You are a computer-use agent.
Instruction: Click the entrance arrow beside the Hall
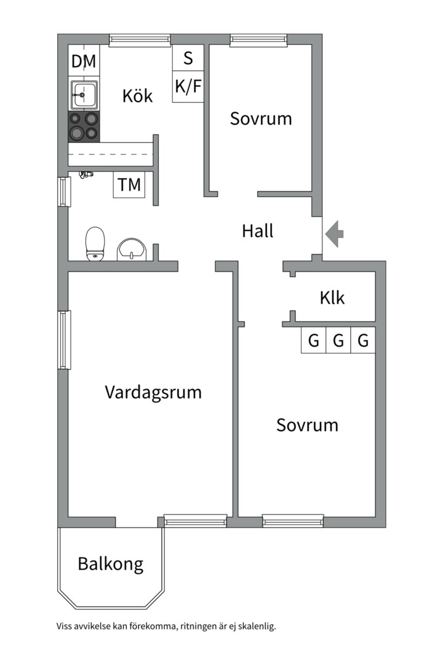pos(335,234)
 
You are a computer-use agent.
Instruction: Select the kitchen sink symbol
pos(84,95)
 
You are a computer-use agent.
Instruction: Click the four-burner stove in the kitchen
pos(84,127)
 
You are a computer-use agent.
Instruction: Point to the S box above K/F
pos(188,58)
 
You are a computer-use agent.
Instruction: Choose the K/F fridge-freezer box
pos(188,87)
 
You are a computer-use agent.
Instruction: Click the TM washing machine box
pos(129,185)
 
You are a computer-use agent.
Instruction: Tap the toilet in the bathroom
pos(95,243)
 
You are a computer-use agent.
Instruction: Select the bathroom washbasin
pos(132,249)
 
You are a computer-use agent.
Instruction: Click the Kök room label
pos(137,95)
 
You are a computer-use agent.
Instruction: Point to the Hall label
pos(258,231)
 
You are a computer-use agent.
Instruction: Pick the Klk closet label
pos(332,298)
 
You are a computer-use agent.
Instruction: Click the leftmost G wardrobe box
pos(314,340)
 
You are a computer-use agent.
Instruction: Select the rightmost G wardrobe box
pos(363,340)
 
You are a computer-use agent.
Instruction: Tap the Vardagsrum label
pos(153,393)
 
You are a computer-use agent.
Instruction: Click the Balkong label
pos(111,565)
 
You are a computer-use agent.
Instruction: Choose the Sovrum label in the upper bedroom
pos(261,118)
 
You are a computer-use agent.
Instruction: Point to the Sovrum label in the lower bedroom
pos(308,425)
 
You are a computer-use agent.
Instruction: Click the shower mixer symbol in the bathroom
pos(87,174)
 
